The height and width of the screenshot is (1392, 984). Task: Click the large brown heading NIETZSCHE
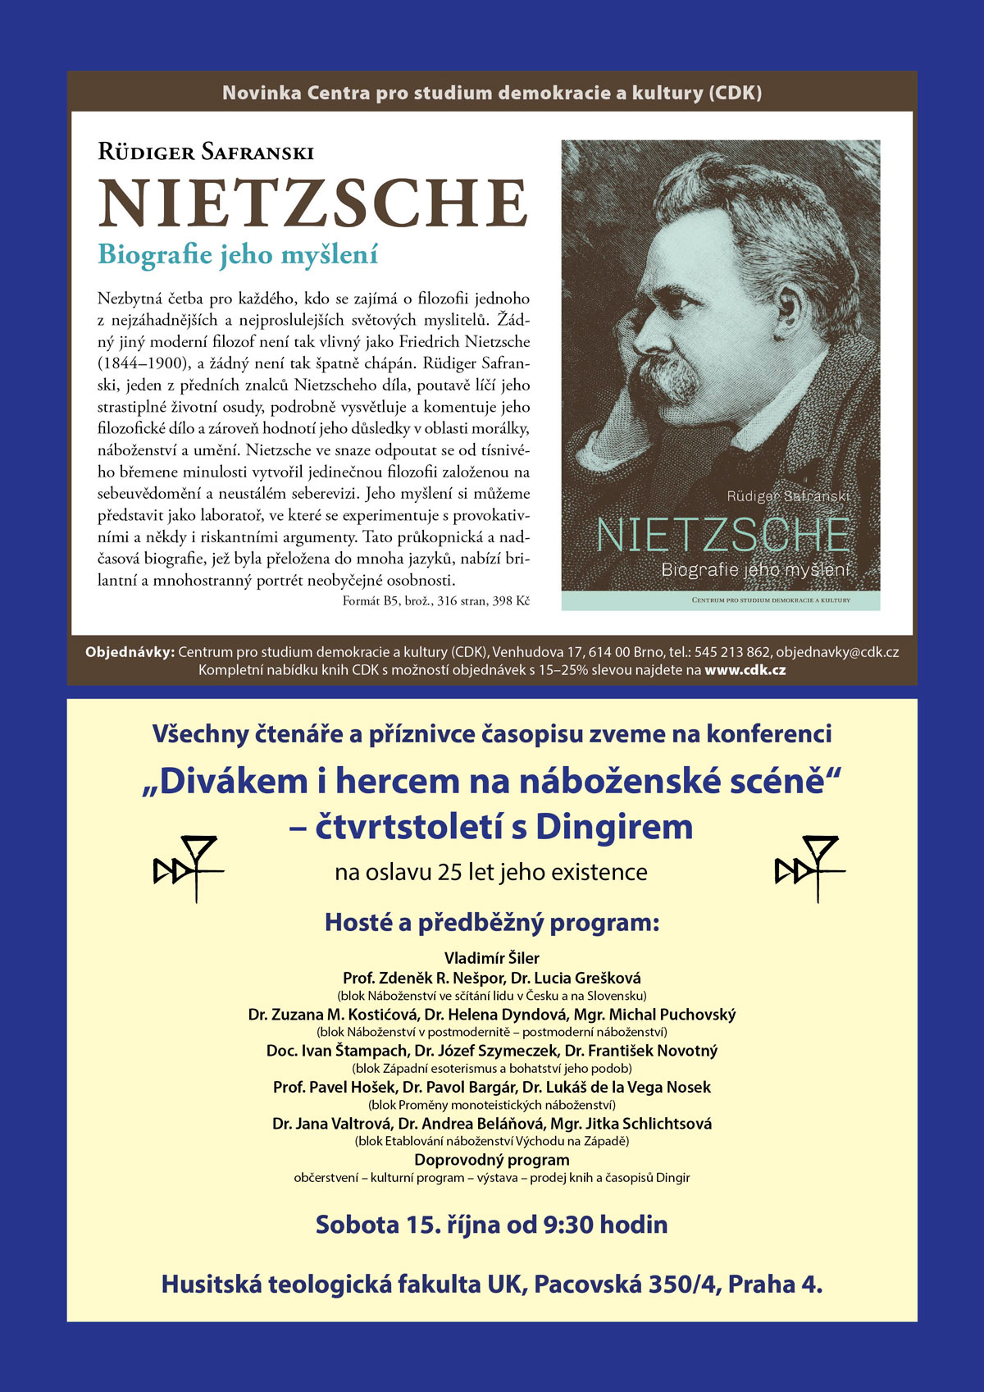[x=312, y=203]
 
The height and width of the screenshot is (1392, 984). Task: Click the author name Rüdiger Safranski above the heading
[x=205, y=152]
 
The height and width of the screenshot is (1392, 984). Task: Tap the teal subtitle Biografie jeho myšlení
[x=238, y=255]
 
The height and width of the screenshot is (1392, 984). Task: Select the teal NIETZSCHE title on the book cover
[x=722, y=536]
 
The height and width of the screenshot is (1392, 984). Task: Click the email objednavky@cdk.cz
[x=837, y=653]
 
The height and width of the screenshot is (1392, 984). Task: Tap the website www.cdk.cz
[x=745, y=670]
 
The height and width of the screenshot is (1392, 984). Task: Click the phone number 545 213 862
[x=731, y=653]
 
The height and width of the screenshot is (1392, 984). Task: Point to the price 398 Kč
[x=511, y=601]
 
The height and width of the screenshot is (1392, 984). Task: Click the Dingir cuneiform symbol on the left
[x=188, y=868]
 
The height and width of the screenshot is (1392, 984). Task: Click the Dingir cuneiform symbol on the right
[x=809, y=868]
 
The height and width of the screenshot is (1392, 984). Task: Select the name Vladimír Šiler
[x=492, y=958]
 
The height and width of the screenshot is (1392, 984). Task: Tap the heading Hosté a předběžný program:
[x=492, y=923]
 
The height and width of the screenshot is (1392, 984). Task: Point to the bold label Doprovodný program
[x=492, y=1160]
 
